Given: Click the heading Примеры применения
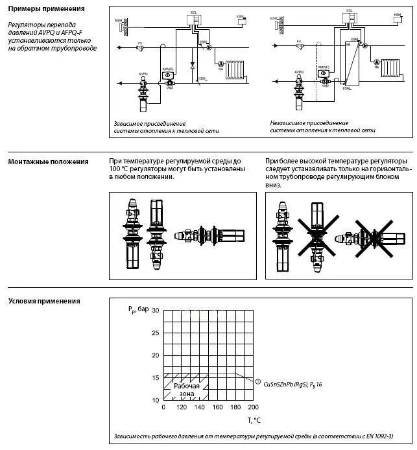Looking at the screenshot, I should tap(46, 9).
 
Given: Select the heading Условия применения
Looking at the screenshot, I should tap(44, 301).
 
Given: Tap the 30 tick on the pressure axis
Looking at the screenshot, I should tap(155, 311).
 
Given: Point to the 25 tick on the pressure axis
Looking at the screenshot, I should tap(155, 333).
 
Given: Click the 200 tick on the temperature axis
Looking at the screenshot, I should tap(253, 407).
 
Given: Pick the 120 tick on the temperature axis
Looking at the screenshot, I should tap(181, 407).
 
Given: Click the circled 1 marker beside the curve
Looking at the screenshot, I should tap(258, 381).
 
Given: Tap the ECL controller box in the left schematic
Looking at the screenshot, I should tap(193, 19).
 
